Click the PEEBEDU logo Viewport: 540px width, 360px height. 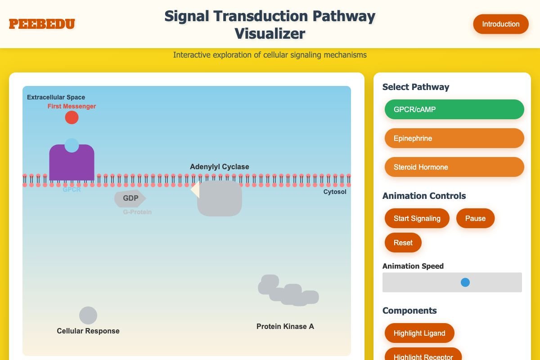(42, 24)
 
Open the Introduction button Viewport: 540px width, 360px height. (500, 24)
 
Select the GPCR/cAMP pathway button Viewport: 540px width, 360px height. (454, 109)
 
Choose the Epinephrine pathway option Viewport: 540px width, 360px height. (454, 138)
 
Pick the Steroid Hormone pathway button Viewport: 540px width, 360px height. (454, 167)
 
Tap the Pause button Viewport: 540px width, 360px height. (475, 218)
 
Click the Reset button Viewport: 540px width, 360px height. (403, 243)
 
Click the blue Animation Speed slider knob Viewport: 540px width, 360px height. (465, 282)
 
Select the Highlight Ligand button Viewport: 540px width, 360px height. (419, 333)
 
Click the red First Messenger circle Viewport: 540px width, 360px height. (72, 117)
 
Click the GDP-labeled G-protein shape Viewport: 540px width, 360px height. (130, 198)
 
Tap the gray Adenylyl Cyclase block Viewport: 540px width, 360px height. (220, 198)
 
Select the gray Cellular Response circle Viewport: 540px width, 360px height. (88, 315)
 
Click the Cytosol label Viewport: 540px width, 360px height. (335, 192)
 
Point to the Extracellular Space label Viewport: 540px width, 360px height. (56, 97)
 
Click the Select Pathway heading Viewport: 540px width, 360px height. (415, 87)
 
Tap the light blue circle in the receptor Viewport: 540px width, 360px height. (72, 145)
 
